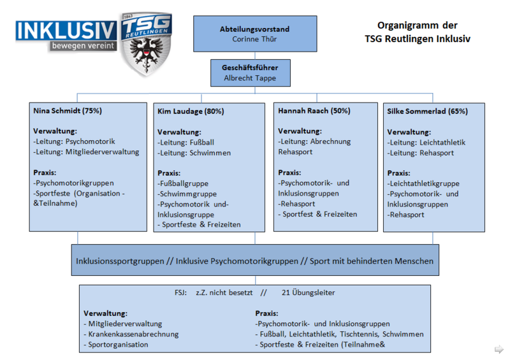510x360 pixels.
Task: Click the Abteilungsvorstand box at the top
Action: coord(254,34)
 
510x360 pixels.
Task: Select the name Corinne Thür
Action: coord(254,40)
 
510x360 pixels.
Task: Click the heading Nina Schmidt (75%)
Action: coord(68,111)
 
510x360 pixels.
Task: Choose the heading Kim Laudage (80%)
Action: coord(191,112)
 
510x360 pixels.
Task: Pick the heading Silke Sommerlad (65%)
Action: coord(427,111)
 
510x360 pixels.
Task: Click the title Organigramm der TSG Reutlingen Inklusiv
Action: coord(418,32)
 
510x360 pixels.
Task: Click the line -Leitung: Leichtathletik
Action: coord(426,143)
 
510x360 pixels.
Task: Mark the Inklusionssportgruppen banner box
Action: coord(254,261)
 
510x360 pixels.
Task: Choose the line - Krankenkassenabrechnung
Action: coord(131,334)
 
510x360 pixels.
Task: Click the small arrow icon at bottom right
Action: coord(499,349)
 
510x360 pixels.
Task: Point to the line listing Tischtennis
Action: coord(339,334)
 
